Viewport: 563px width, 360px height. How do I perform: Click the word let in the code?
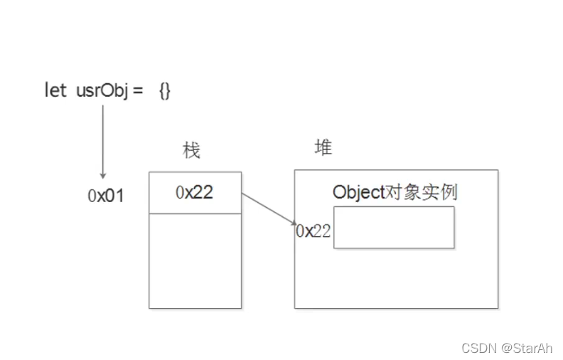click(x=55, y=90)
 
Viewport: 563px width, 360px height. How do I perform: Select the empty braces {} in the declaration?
click(x=164, y=90)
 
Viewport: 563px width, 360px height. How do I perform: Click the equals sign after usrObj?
click(x=137, y=90)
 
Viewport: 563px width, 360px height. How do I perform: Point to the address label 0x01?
click(x=106, y=196)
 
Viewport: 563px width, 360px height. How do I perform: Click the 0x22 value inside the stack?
click(x=194, y=192)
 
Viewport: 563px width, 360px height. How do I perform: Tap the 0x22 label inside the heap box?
click(x=313, y=231)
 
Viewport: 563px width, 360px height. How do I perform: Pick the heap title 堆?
click(x=323, y=147)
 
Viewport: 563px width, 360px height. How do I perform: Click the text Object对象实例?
click(x=394, y=192)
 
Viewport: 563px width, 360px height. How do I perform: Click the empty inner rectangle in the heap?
click(x=393, y=228)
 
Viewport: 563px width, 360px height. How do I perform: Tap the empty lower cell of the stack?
click(x=195, y=260)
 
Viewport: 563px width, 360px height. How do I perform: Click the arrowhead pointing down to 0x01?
click(x=103, y=175)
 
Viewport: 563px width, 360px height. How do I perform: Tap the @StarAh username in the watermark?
click(x=527, y=347)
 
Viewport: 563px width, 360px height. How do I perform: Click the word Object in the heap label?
click(x=358, y=192)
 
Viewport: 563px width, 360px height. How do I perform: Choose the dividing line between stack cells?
click(x=195, y=213)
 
